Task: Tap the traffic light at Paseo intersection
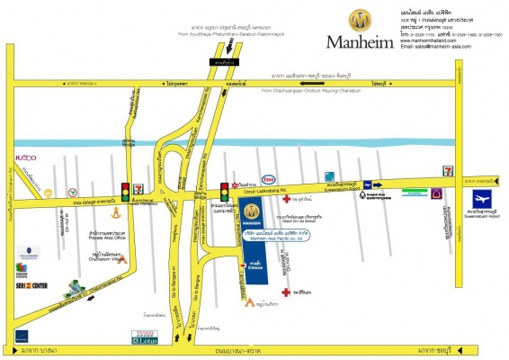[125, 190]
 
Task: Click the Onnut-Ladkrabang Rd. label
[263, 190]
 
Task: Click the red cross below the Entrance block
[285, 292]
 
